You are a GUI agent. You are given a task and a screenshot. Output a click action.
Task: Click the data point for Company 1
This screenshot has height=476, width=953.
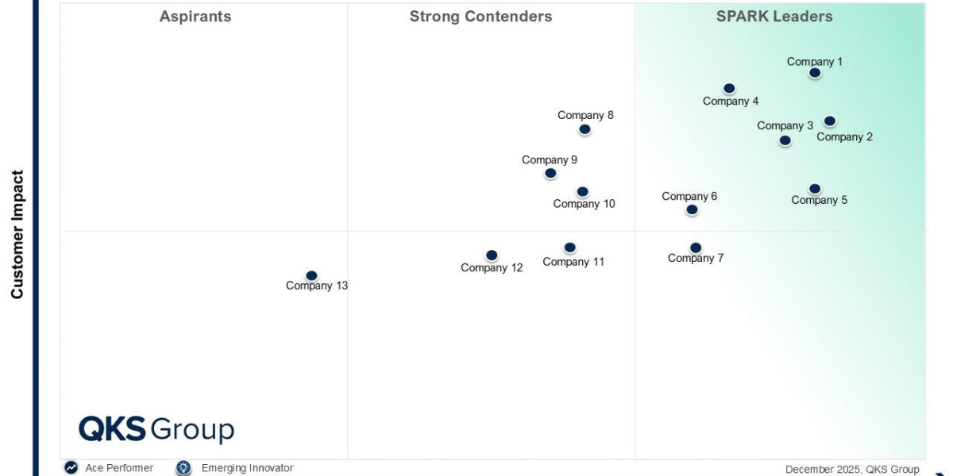tap(814, 73)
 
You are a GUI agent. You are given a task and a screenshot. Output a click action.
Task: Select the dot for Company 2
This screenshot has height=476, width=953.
tap(829, 121)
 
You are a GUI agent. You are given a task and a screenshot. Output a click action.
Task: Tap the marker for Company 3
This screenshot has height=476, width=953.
tap(785, 140)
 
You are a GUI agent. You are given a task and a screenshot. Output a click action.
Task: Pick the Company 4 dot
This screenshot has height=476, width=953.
tap(729, 89)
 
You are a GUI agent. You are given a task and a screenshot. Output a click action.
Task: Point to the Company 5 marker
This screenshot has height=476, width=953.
tap(814, 189)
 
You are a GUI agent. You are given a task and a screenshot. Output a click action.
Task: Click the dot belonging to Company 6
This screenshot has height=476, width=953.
tap(692, 209)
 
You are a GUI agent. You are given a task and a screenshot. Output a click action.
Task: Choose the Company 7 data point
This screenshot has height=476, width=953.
tap(695, 248)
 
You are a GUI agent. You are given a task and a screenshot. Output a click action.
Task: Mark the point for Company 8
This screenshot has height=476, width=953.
tap(585, 129)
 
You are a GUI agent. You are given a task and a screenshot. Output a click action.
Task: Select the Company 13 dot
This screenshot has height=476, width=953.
tap(311, 276)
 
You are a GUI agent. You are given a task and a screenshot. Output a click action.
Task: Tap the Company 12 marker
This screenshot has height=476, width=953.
tap(492, 255)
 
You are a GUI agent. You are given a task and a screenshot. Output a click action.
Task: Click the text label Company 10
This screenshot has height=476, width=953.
tap(584, 204)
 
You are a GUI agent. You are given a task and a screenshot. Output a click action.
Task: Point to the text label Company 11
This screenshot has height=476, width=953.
tap(573, 262)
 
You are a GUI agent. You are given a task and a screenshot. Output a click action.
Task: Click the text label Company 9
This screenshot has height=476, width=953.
tap(550, 159)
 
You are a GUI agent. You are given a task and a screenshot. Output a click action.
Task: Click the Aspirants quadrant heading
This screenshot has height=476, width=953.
tap(195, 17)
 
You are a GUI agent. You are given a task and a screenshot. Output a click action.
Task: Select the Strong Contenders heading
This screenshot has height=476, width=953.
tap(480, 17)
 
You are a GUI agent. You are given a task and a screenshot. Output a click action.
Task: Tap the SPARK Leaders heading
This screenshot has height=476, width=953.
tap(774, 17)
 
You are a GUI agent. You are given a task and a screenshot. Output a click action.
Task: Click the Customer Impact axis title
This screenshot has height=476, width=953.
tap(17, 235)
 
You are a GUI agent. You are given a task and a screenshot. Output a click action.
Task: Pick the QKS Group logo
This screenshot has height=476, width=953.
tap(156, 429)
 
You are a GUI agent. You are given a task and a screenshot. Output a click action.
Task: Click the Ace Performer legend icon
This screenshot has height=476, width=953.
tap(71, 468)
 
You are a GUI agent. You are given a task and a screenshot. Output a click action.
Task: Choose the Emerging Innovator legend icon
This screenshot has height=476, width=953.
tap(183, 468)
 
